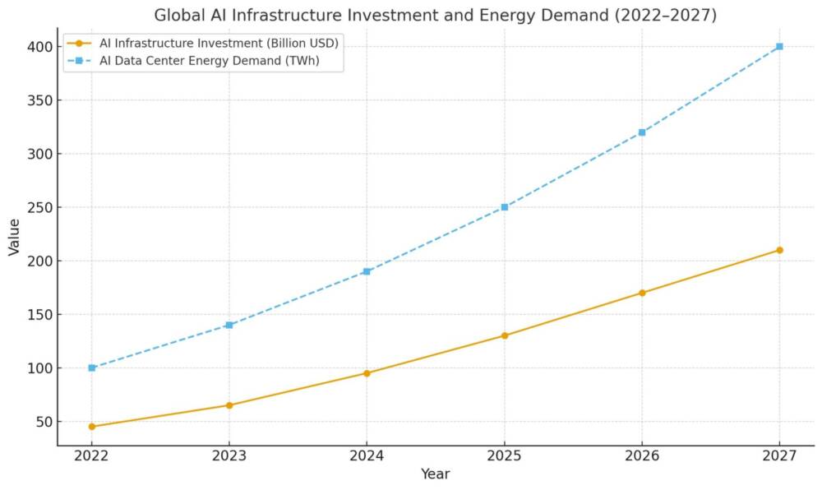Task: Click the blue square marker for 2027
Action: pos(779,47)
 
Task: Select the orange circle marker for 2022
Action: pos(92,427)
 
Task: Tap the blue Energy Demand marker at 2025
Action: pos(505,207)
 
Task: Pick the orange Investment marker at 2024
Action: pos(367,373)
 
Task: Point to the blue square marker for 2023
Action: pos(229,325)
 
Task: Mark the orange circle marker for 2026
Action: pos(642,293)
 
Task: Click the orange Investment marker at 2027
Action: pos(779,250)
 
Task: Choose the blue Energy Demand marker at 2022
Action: pos(92,367)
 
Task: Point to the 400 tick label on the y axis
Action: pos(38,47)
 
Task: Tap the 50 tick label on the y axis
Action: pos(41,422)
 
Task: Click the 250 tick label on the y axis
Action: pos(38,207)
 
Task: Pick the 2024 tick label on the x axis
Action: pos(367,456)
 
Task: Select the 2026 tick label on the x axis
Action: pos(642,456)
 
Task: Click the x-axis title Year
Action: pos(435,474)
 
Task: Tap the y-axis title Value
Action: pos(14,237)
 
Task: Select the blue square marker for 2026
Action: pos(642,132)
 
